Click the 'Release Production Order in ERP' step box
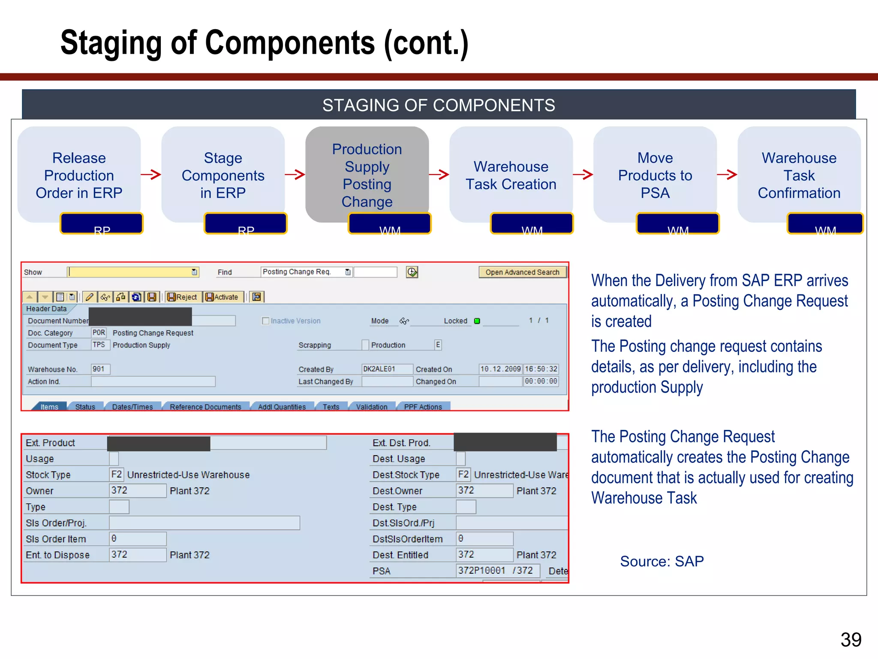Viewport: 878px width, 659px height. click(79, 175)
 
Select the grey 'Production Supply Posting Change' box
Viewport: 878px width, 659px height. click(367, 175)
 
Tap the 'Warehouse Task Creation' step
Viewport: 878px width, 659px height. click(511, 175)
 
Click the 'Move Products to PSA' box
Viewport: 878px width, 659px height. click(655, 175)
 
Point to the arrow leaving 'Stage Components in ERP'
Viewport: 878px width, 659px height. click(295, 174)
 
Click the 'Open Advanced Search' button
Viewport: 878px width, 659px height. click(522, 272)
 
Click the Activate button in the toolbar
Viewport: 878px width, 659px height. click(222, 297)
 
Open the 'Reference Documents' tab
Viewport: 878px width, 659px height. click(205, 407)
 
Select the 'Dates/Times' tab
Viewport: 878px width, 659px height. click(132, 407)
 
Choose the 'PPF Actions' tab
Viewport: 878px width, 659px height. click(423, 407)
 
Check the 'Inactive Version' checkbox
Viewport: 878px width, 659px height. click(266, 321)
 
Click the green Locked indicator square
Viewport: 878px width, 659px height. click(477, 321)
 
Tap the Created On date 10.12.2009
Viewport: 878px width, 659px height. click(500, 369)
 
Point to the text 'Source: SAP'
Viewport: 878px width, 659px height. click(662, 561)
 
